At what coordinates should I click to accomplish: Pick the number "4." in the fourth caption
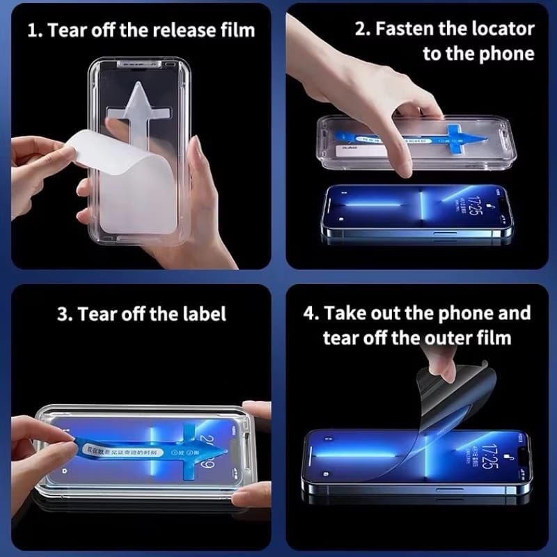[x=311, y=313]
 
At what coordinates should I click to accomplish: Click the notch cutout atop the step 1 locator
[x=143, y=65]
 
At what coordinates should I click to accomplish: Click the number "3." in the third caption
[x=65, y=313]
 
